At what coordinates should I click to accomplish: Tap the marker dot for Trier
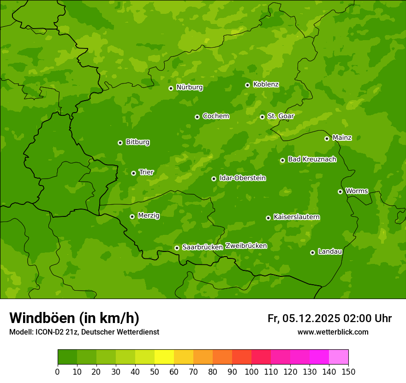pos(133,173)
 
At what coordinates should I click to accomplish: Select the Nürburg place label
pos(189,87)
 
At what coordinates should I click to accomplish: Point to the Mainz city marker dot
pos(327,138)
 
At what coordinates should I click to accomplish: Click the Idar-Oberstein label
pos(242,178)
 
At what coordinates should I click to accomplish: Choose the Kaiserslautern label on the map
pos(297,217)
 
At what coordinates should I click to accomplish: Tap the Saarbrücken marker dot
pos(177,248)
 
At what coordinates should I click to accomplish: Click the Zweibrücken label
pos(246,246)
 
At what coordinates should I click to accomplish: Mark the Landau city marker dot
pos(312,252)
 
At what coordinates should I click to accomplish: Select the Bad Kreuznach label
pos(312,159)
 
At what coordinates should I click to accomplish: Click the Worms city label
pos(357,191)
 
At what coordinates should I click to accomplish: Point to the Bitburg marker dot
pos(120,143)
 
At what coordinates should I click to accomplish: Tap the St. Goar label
pos(281,116)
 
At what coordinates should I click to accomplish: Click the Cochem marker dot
pos(197,117)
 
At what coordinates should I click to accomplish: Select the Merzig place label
pos(149,215)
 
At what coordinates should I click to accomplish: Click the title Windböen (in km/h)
pos(74,318)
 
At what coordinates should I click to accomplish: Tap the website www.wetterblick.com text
pos(333,332)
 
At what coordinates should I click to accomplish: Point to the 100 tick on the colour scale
pos(251,371)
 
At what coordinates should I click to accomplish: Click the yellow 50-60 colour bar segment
pos(164,357)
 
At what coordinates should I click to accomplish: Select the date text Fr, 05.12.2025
pos(304,318)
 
